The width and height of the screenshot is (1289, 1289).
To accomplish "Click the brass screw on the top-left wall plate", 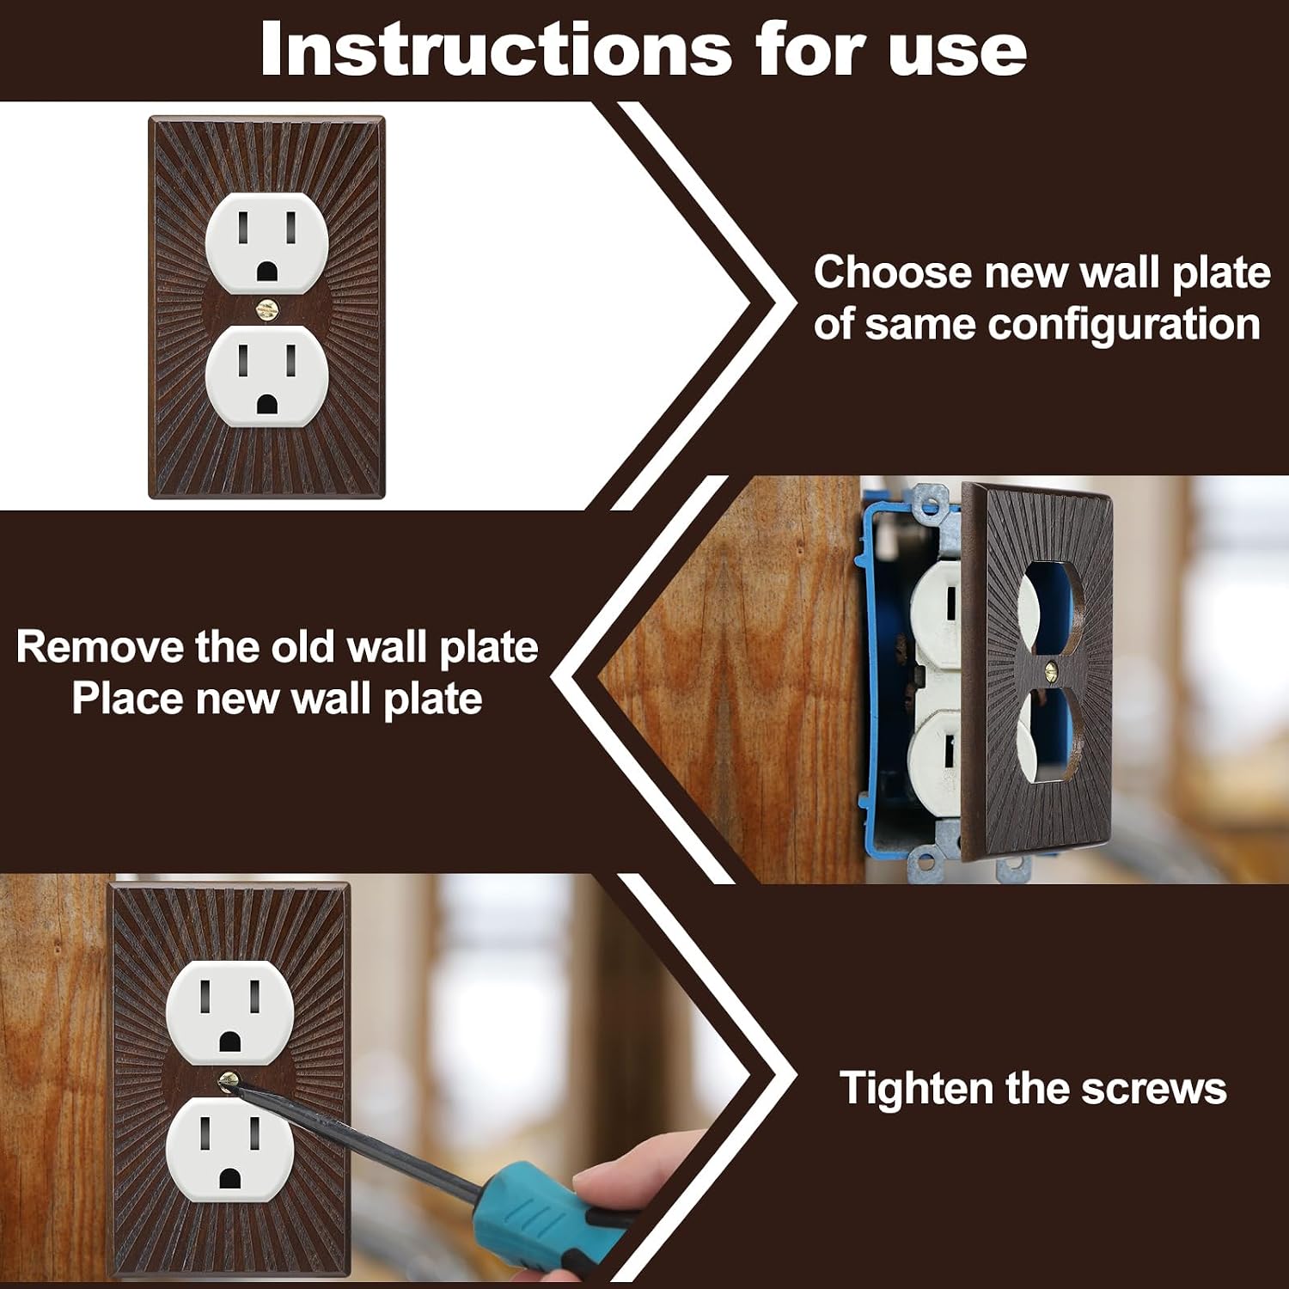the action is pyautogui.click(x=266, y=309).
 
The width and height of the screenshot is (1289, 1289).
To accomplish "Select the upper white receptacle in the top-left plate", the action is pyautogui.click(x=266, y=243).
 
